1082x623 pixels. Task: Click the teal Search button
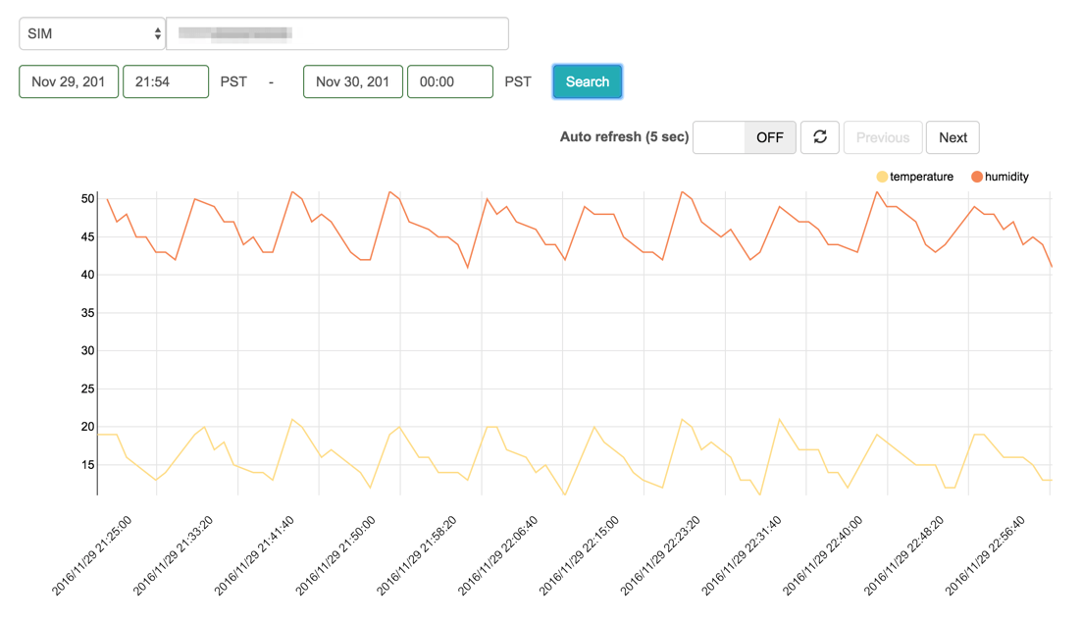[x=587, y=81]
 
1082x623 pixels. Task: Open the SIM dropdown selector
[x=92, y=33]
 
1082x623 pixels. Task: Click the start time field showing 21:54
[x=165, y=81]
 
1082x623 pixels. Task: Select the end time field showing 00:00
[x=449, y=81]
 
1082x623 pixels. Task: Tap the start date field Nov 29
[x=69, y=81]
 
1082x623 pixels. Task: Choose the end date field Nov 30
[x=353, y=81]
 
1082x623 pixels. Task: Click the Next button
[x=952, y=137]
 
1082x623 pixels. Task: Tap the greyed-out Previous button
[x=882, y=137]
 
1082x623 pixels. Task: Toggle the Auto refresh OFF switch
[x=744, y=137]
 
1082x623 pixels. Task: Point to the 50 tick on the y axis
[x=87, y=199]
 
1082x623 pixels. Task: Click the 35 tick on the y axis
[x=87, y=313]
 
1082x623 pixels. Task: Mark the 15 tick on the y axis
[x=87, y=464]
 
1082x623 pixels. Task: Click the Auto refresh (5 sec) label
[x=624, y=137]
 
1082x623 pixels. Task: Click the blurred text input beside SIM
[x=337, y=33]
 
